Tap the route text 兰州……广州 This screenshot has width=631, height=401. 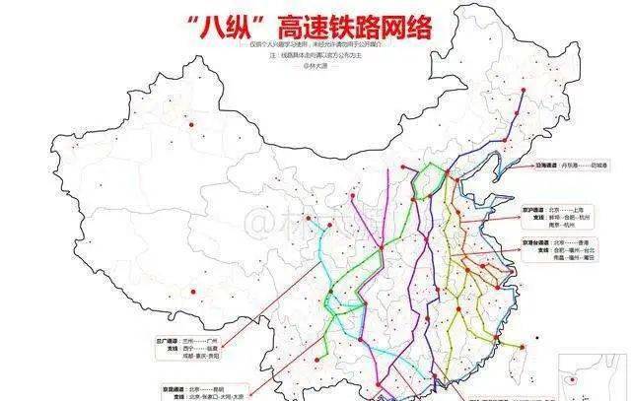point(208,340)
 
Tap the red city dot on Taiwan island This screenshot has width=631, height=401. point(522,347)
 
